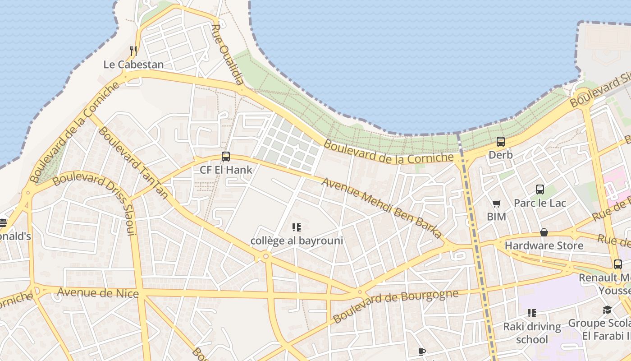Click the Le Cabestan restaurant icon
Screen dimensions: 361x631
[x=133, y=51]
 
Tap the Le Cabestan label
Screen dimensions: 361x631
[x=133, y=65]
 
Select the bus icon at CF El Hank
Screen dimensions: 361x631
[x=226, y=157]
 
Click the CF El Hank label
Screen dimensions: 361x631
[x=226, y=170]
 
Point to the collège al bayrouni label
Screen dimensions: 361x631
[x=297, y=241]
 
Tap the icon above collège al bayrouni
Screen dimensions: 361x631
[x=296, y=227]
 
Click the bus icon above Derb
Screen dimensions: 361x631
[x=500, y=141]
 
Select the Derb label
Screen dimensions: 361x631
[x=500, y=155]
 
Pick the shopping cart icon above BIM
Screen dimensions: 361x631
[x=496, y=204]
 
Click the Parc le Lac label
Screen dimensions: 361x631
[x=540, y=203]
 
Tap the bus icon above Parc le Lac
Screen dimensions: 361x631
[x=540, y=190]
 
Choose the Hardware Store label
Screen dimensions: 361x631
[x=544, y=246]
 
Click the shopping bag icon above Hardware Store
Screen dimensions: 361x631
[x=544, y=232]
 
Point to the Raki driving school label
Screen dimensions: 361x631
[x=532, y=333]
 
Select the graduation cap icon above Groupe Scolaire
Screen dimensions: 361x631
[x=607, y=310]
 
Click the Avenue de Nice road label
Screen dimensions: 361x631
[x=98, y=293]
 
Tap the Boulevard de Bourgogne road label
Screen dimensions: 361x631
[x=395, y=305]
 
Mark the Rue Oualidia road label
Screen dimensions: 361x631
[x=228, y=55]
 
